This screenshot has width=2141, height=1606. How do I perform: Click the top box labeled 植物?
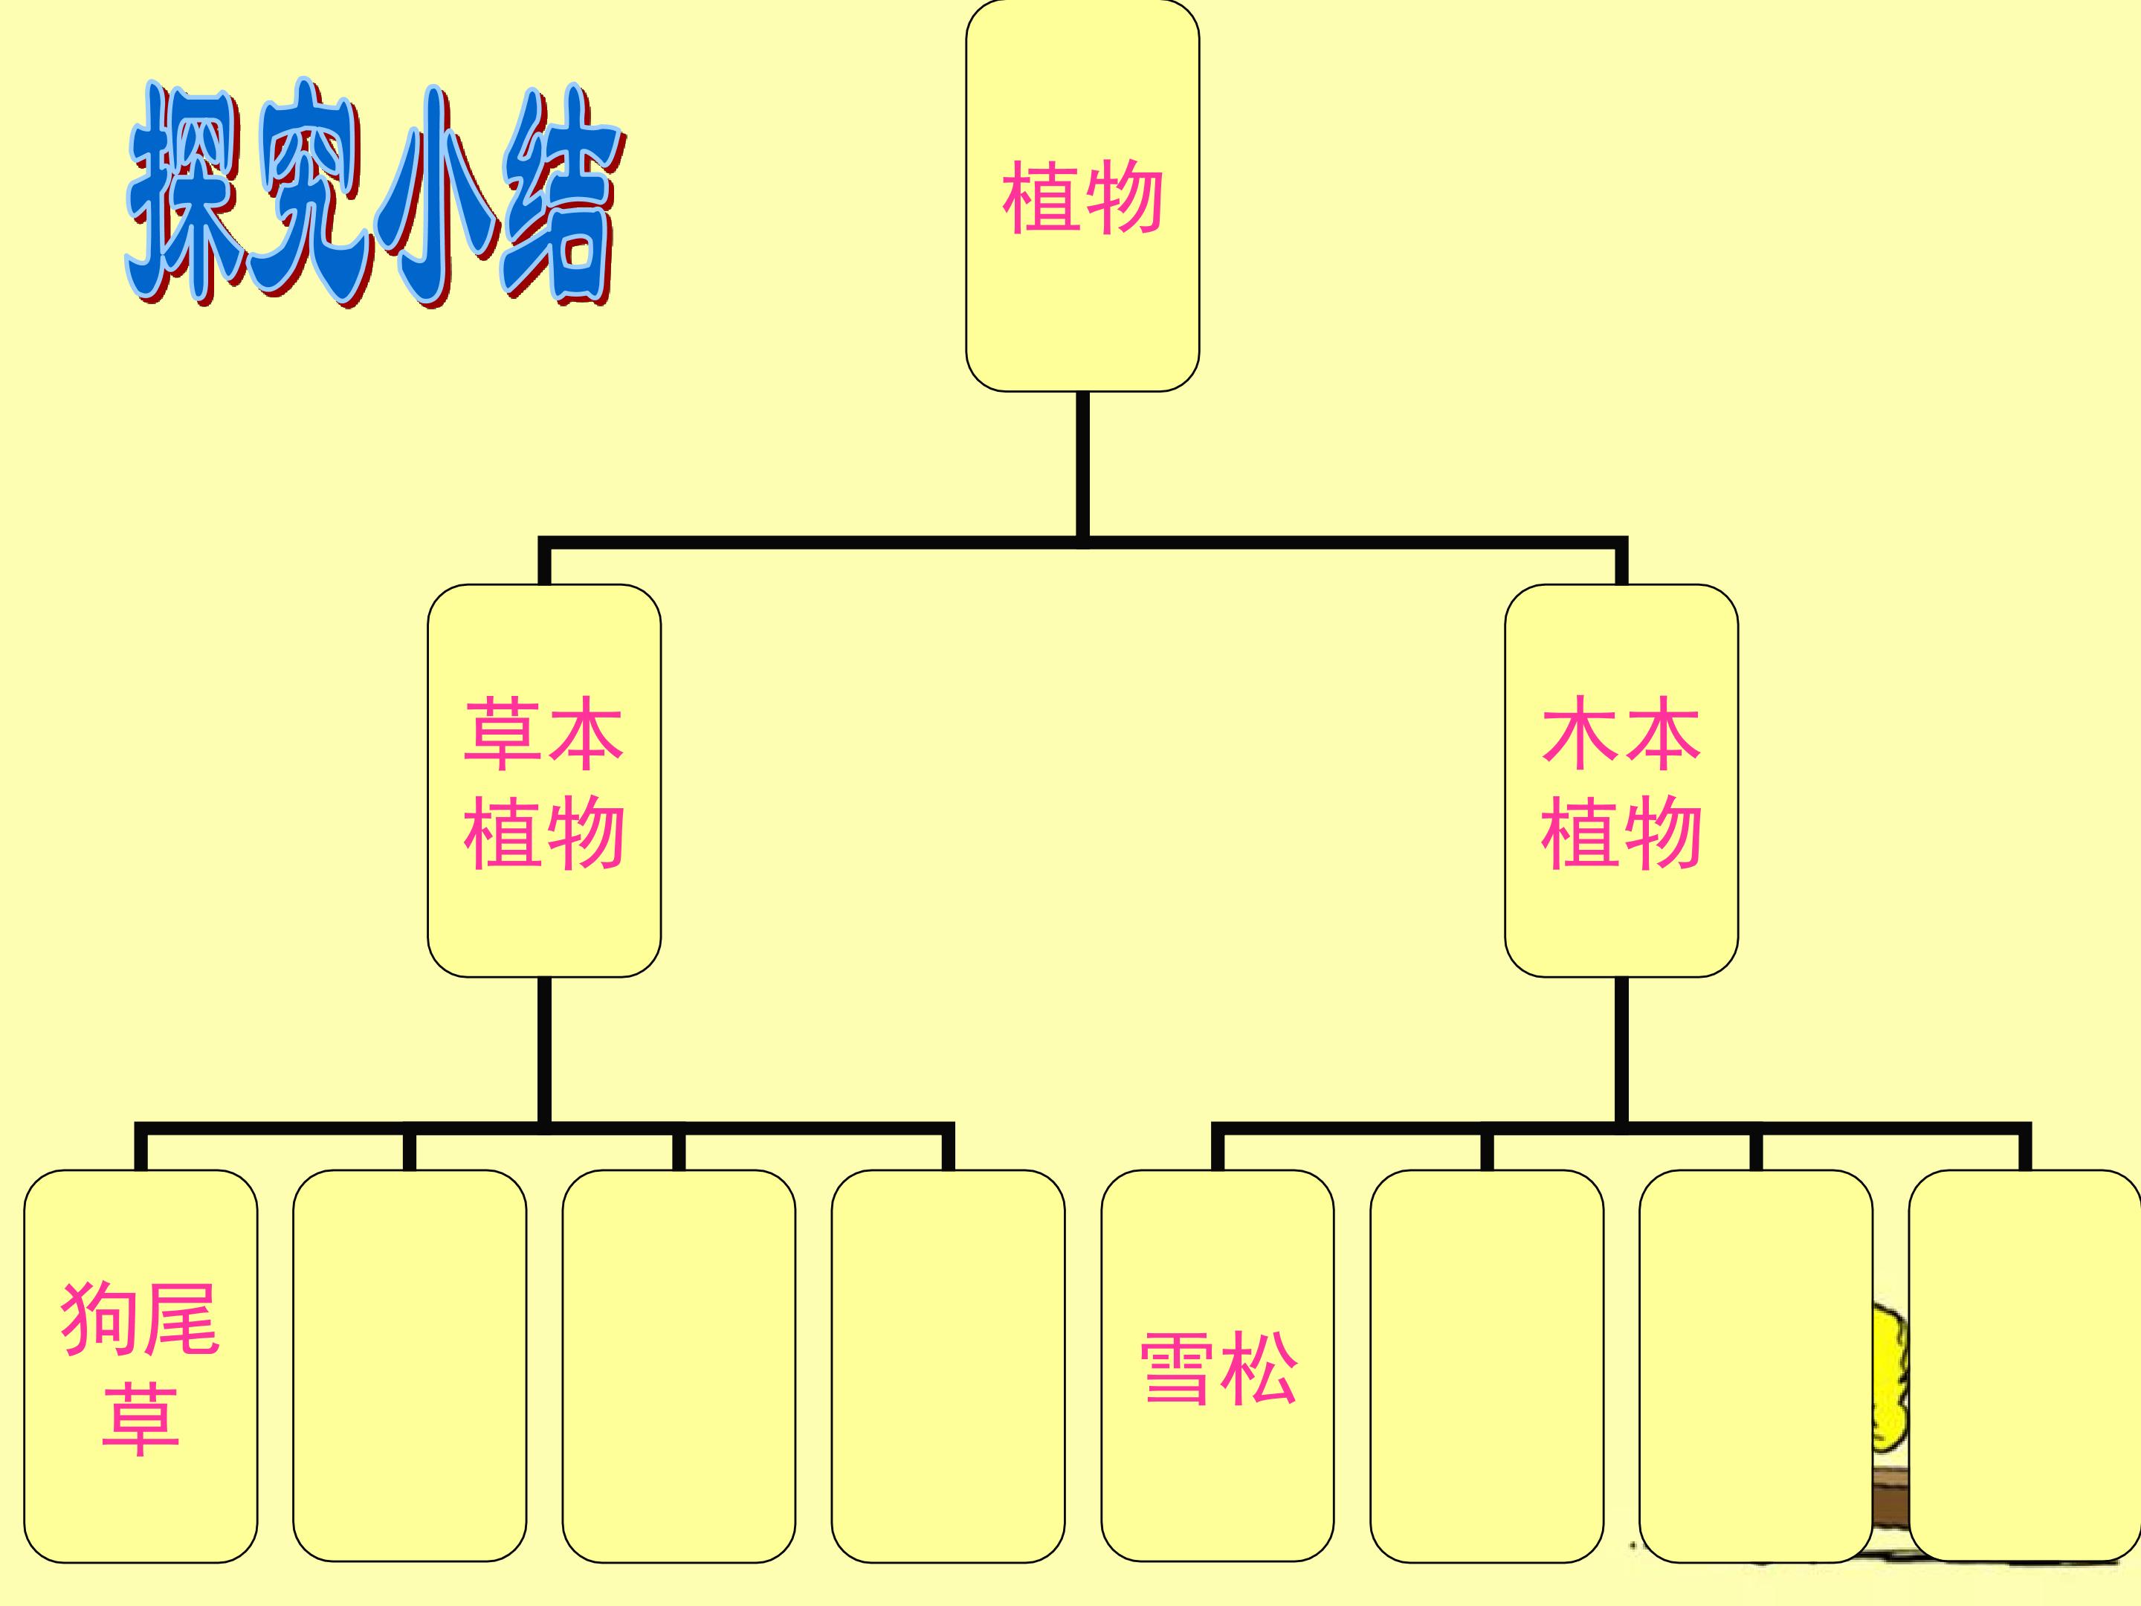(1082, 196)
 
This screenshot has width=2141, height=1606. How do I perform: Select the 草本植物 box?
(544, 780)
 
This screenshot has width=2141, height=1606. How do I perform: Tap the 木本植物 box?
(1621, 780)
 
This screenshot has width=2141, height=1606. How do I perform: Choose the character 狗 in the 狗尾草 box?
(99, 1318)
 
